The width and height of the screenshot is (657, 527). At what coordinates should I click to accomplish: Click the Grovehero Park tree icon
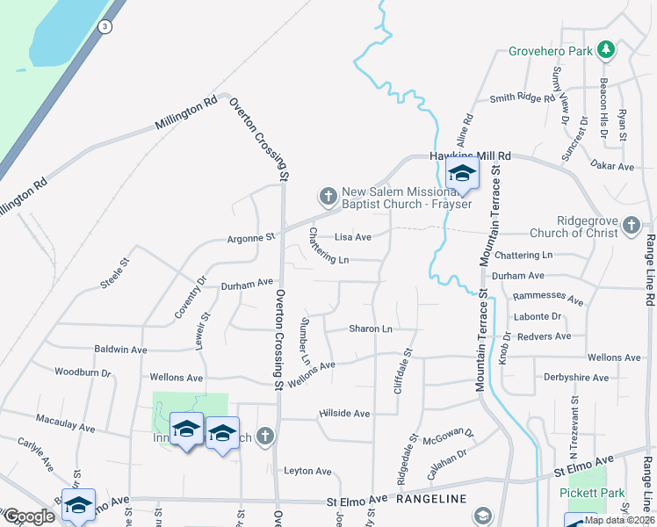click(605, 50)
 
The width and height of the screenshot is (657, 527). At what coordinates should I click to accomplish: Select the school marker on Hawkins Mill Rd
click(462, 174)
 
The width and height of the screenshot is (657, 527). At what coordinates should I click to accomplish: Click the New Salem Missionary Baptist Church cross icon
click(328, 196)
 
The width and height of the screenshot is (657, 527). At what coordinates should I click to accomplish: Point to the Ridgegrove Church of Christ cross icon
click(631, 227)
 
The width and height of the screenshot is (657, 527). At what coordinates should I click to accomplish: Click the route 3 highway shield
click(105, 26)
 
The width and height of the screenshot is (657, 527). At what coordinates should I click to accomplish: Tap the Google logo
click(29, 516)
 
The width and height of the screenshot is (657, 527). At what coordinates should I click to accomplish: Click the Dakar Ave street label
click(612, 165)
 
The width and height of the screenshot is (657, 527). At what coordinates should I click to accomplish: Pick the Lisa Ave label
click(353, 237)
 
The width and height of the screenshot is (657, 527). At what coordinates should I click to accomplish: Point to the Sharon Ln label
click(370, 328)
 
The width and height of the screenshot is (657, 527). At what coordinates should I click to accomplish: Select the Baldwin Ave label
click(120, 349)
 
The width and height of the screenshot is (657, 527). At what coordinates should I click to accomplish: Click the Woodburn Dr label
click(83, 372)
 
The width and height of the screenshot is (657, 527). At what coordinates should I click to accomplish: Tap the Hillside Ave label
click(344, 413)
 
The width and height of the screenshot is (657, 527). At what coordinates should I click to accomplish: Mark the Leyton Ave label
click(307, 471)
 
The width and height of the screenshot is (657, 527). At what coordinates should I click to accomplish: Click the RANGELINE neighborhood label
click(430, 499)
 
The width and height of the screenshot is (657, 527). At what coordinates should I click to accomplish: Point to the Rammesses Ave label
click(549, 298)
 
